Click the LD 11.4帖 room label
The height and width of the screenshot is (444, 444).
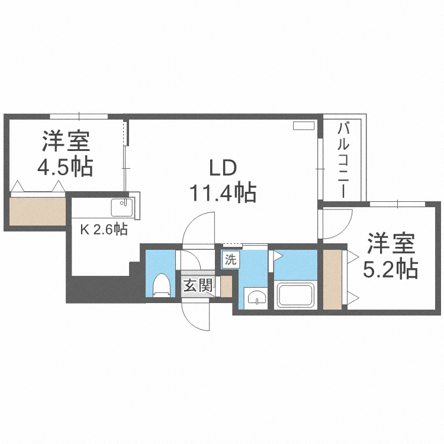click(223, 181)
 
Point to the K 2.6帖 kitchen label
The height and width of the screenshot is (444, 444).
click(104, 229)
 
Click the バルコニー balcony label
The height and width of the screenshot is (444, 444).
click(343, 160)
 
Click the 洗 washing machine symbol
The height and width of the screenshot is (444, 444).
click(230, 259)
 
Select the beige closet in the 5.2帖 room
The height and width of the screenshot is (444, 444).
click(333, 279)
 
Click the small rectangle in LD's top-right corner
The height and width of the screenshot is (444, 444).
click(305, 126)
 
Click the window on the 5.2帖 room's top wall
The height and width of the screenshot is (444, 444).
click(397, 204)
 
